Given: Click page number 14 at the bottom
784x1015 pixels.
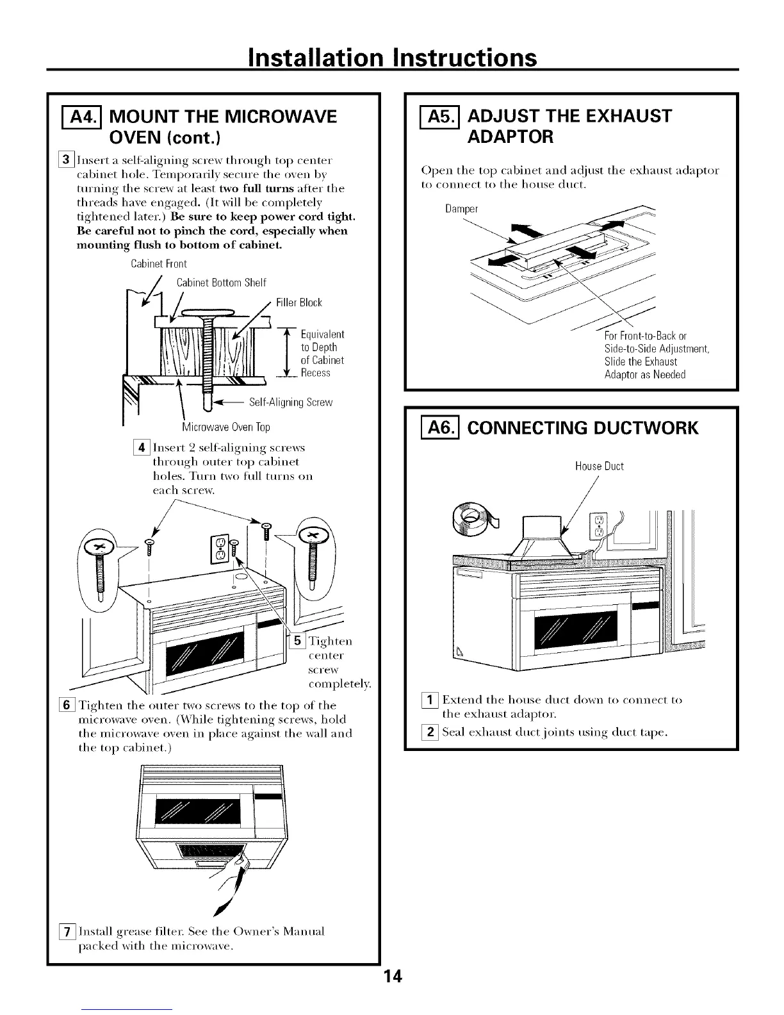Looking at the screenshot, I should pos(391,978).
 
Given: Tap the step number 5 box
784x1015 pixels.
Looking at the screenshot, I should pos(298,641).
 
